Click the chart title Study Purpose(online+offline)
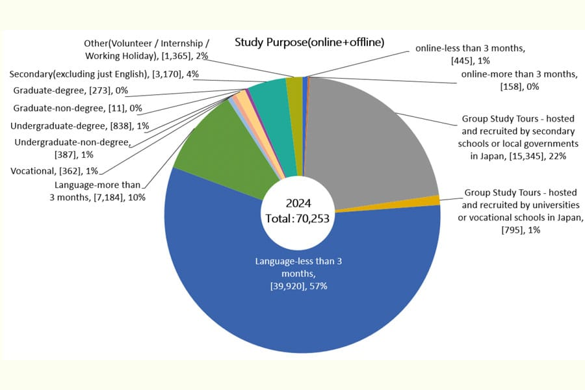pyautogui.click(x=309, y=42)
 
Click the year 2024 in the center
pyautogui.click(x=298, y=203)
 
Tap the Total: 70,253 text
pyautogui.click(x=297, y=218)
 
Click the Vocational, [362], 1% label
pyautogui.click(x=54, y=171)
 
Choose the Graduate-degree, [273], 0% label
pyautogui.click(x=70, y=90)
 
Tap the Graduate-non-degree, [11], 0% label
pyautogui.click(x=77, y=109)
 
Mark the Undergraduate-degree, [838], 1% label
pyautogui.click(x=80, y=126)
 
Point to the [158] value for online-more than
pyautogui.click(x=511, y=86)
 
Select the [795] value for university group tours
pyautogui.click(x=512, y=230)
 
